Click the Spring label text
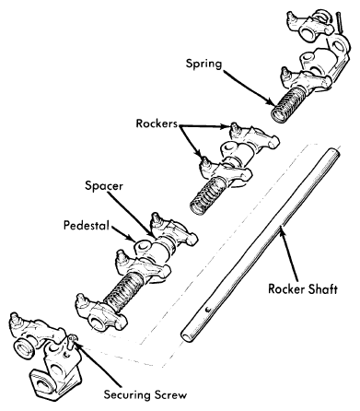pos(203,65)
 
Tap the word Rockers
pos(157,123)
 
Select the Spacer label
pos(104,186)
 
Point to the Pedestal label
pos(87,226)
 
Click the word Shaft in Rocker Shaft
pos(322,288)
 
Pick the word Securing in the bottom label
pos(127,395)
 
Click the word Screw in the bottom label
pos(170,394)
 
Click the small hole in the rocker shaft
pos(207,310)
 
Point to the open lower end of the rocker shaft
pos(186,335)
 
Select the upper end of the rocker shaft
pos(335,152)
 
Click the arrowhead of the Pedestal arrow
pos(131,238)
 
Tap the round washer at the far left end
pos(24,348)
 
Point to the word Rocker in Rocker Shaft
pos(285,289)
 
